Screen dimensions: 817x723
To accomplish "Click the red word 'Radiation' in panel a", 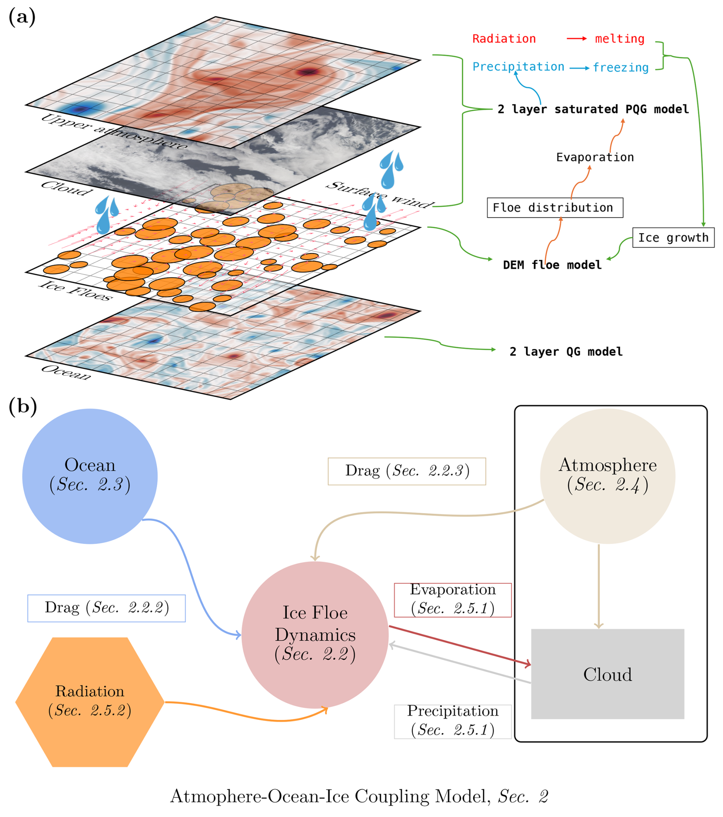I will (504, 39).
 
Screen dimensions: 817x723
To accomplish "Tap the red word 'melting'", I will (619, 39).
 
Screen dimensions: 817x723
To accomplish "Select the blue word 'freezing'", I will (620, 68).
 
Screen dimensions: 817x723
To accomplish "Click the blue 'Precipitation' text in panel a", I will (518, 67).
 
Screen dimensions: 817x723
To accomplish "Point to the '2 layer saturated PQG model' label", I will (593, 109).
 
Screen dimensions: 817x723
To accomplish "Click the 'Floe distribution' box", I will (555, 208).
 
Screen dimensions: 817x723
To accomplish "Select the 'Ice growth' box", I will (673, 238).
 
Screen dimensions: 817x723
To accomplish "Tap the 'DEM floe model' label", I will (552, 265).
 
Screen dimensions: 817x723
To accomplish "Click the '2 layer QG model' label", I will (566, 352).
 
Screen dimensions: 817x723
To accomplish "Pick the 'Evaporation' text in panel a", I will (595, 158).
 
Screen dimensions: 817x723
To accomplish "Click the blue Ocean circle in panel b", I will (90, 476).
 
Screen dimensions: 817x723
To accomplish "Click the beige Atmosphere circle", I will (607, 476).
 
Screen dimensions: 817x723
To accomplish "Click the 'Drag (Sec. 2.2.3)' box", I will (407, 471).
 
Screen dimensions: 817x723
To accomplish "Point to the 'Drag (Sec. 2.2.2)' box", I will (106, 608).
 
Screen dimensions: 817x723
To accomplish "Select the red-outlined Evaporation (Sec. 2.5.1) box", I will (452, 599).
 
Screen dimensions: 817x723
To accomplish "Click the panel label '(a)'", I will (22, 18).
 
